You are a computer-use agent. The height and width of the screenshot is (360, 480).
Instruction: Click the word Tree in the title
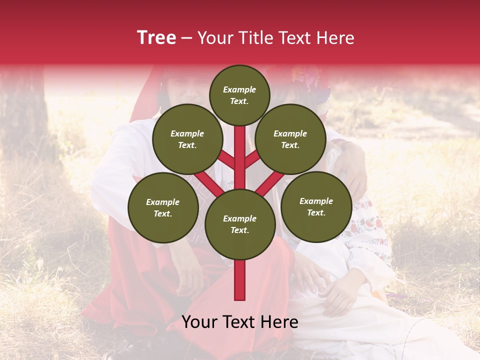pos(156,37)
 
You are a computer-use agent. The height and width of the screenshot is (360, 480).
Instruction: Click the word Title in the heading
pos(255,38)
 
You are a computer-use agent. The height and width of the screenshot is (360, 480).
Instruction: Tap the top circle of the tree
pos(239,95)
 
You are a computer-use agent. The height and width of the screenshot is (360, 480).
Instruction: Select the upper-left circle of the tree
pos(187,139)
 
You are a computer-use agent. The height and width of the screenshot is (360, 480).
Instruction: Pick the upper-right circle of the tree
pos(290,139)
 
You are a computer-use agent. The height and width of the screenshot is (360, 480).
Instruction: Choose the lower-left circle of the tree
pos(163,208)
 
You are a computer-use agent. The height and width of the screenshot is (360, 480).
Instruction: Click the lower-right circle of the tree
pos(316,206)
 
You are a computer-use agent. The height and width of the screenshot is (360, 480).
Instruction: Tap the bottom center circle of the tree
pos(240,224)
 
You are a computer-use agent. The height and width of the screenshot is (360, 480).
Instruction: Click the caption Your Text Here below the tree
pos(240,322)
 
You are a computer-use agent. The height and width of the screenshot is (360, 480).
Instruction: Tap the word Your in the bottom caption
pos(200,322)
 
